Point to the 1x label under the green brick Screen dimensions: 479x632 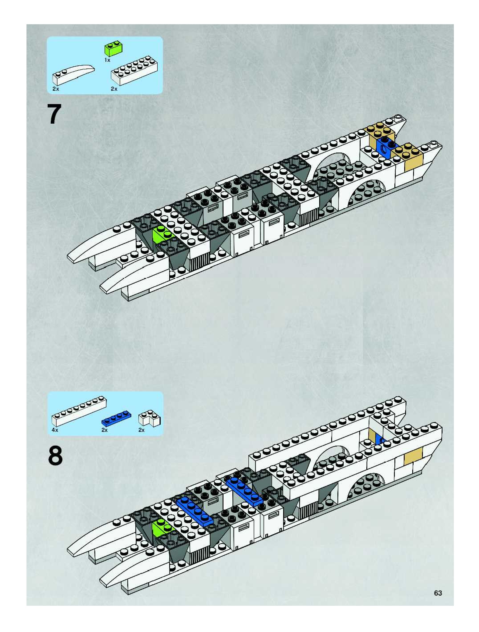point(107,60)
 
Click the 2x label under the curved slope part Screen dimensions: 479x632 point(56,89)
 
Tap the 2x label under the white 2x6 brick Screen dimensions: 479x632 point(114,89)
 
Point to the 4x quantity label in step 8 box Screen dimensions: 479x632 point(55,430)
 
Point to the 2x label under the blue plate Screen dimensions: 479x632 point(105,430)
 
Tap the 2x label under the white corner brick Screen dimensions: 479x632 point(142,430)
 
